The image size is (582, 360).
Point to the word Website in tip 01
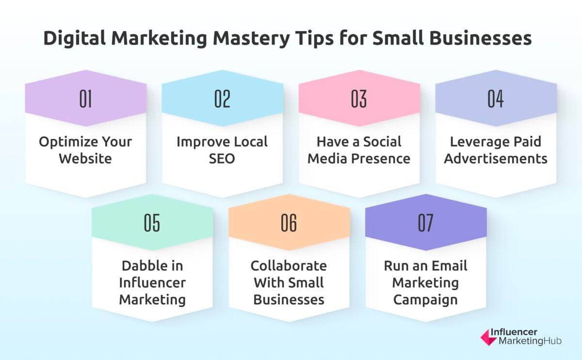[x=85, y=159]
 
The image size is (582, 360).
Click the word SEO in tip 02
[x=222, y=159]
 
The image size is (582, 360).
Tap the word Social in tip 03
[x=377, y=142]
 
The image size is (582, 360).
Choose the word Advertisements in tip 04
[x=496, y=159]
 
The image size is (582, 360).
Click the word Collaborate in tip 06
[x=289, y=266]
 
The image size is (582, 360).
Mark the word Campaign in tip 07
[x=425, y=299]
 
